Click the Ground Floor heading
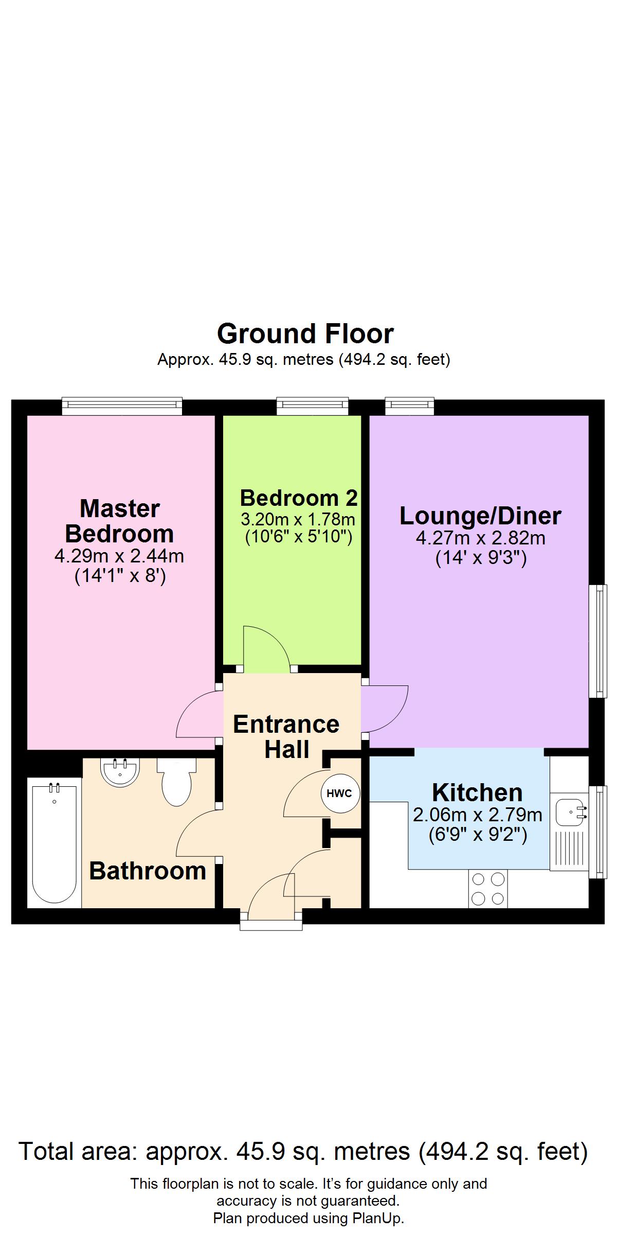305,334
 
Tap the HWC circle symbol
340,793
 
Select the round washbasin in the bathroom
120,772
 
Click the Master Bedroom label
119,521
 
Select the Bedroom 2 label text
299,498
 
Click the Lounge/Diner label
480,516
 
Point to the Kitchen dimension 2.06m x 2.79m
478,815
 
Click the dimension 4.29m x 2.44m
119,556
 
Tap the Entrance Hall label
286,736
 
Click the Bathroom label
148,871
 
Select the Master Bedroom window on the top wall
122,406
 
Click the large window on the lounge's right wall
597,641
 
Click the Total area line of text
303,1151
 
